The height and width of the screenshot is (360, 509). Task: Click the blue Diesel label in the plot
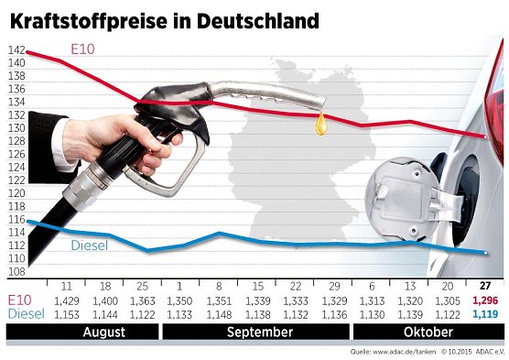(90, 245)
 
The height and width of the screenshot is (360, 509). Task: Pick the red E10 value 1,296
(484, 300)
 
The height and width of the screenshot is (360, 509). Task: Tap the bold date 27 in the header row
(484, 286)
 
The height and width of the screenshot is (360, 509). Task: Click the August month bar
(103, 332)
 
